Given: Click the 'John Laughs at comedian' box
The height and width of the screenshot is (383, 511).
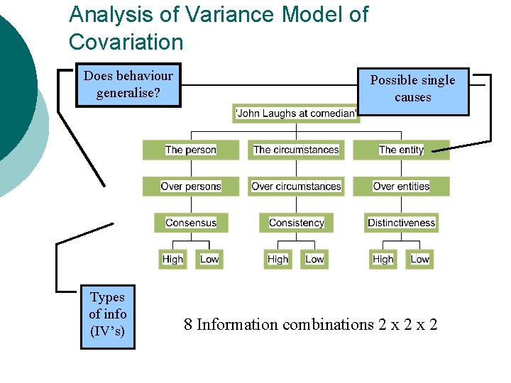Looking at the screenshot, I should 295,113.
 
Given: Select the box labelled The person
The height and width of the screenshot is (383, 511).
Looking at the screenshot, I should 191,150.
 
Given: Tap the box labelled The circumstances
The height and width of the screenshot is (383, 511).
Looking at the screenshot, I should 296,150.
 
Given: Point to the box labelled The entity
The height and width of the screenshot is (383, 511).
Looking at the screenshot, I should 401,150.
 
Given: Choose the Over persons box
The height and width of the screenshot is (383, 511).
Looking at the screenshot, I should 191,187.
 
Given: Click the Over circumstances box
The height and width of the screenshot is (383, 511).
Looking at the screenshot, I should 296,187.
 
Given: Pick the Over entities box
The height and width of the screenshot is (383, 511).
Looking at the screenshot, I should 401,187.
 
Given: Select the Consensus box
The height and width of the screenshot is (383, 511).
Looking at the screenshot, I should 191,223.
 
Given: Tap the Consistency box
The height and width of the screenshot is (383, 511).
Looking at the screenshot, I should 296,223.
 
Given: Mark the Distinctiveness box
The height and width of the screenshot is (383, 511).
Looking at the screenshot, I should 401,223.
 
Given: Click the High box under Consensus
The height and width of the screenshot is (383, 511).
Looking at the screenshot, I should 172,260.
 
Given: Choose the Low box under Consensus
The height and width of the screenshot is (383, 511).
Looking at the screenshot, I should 209,260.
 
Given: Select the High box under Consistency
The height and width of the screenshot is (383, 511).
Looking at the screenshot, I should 278,260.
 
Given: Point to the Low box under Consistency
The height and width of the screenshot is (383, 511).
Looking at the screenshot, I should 314,260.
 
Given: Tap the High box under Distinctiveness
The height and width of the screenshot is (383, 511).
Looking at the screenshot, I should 383,260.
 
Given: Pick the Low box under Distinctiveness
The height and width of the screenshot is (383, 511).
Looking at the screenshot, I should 419,260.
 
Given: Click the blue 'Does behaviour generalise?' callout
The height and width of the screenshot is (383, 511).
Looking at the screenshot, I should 128,84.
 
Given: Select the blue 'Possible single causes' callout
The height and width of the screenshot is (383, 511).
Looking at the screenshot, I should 412,89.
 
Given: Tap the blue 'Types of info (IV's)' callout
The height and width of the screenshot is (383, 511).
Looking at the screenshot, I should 108,314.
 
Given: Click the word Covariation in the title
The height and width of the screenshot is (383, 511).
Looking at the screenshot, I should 126,42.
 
